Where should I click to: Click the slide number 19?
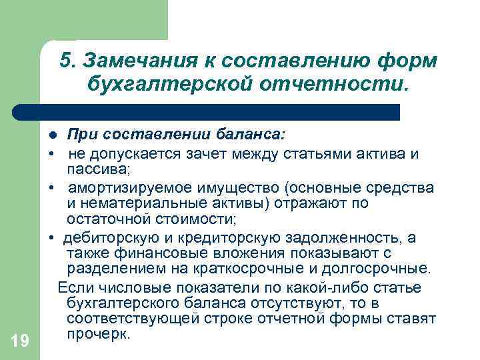click(x=20, y=341)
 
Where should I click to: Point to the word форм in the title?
click(x=407, y=61)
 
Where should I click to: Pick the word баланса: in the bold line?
click(x=250, y=135)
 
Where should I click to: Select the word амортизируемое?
click(x=126, y=187)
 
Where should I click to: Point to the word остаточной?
click(x=104, y=219)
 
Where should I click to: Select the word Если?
click(x=72, y=287)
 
